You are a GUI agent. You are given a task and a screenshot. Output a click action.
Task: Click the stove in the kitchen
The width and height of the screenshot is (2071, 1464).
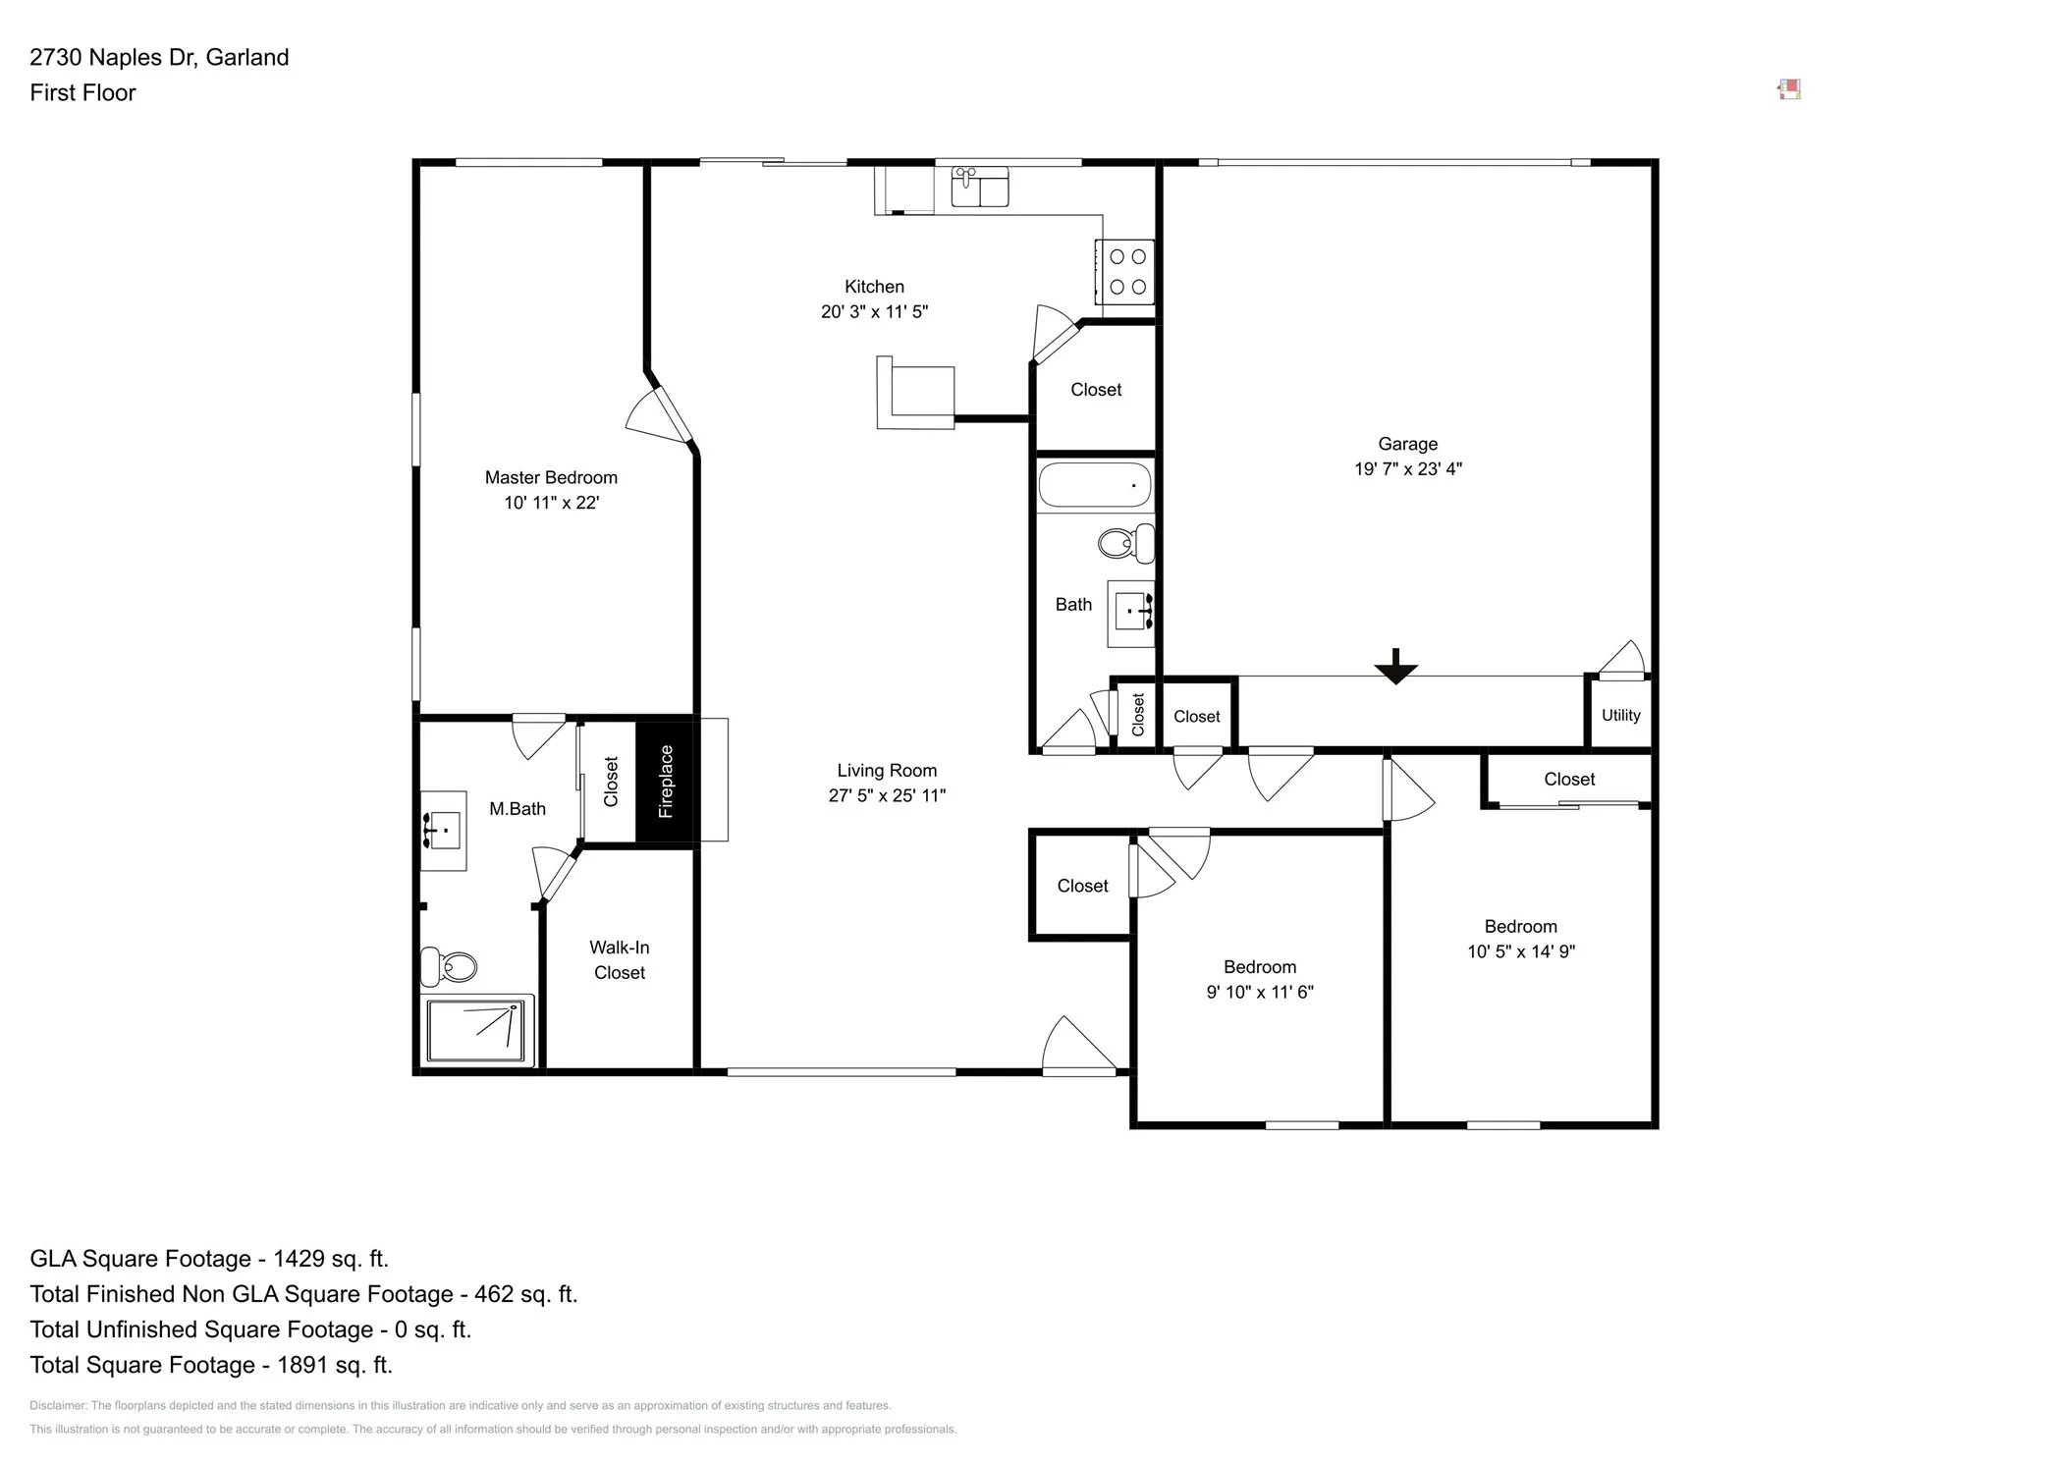pos(1126,272)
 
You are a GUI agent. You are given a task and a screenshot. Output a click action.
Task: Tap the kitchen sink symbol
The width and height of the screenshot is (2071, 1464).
pos(979,187)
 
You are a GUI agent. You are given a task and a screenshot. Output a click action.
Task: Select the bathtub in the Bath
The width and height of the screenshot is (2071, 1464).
pos(1094,485)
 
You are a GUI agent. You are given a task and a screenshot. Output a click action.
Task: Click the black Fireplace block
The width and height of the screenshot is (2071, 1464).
pos(665,782)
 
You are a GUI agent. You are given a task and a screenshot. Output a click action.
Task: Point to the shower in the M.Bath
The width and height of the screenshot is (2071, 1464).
pos(478,1029)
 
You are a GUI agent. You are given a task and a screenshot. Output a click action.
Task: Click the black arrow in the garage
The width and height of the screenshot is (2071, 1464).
pos(1395,668)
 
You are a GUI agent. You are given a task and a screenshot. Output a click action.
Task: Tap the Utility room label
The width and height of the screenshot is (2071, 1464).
pos(1620,715)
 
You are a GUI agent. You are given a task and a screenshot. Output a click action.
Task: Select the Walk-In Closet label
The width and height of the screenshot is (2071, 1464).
pos(619,960)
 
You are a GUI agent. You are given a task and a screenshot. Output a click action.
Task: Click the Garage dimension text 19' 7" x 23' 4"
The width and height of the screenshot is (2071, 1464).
pos(1407,469)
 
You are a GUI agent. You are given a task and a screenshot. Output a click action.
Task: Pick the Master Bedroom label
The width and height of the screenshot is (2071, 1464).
pos(551,477)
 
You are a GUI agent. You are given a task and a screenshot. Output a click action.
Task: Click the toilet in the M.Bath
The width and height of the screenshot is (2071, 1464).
pos(449,966)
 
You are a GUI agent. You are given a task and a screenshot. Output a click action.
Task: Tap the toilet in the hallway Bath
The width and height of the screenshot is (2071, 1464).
pos(1126,543)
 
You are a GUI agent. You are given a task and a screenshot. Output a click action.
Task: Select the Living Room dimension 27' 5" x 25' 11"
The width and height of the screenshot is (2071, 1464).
pos(886,795)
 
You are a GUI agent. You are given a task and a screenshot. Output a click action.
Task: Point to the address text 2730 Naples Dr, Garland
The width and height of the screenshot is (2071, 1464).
pos(159,57)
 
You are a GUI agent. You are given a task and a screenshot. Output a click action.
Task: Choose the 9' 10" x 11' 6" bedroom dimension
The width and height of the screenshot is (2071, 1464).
pos(1259,992)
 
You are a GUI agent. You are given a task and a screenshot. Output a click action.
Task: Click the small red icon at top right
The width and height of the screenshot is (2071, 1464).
pos(1789,90)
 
